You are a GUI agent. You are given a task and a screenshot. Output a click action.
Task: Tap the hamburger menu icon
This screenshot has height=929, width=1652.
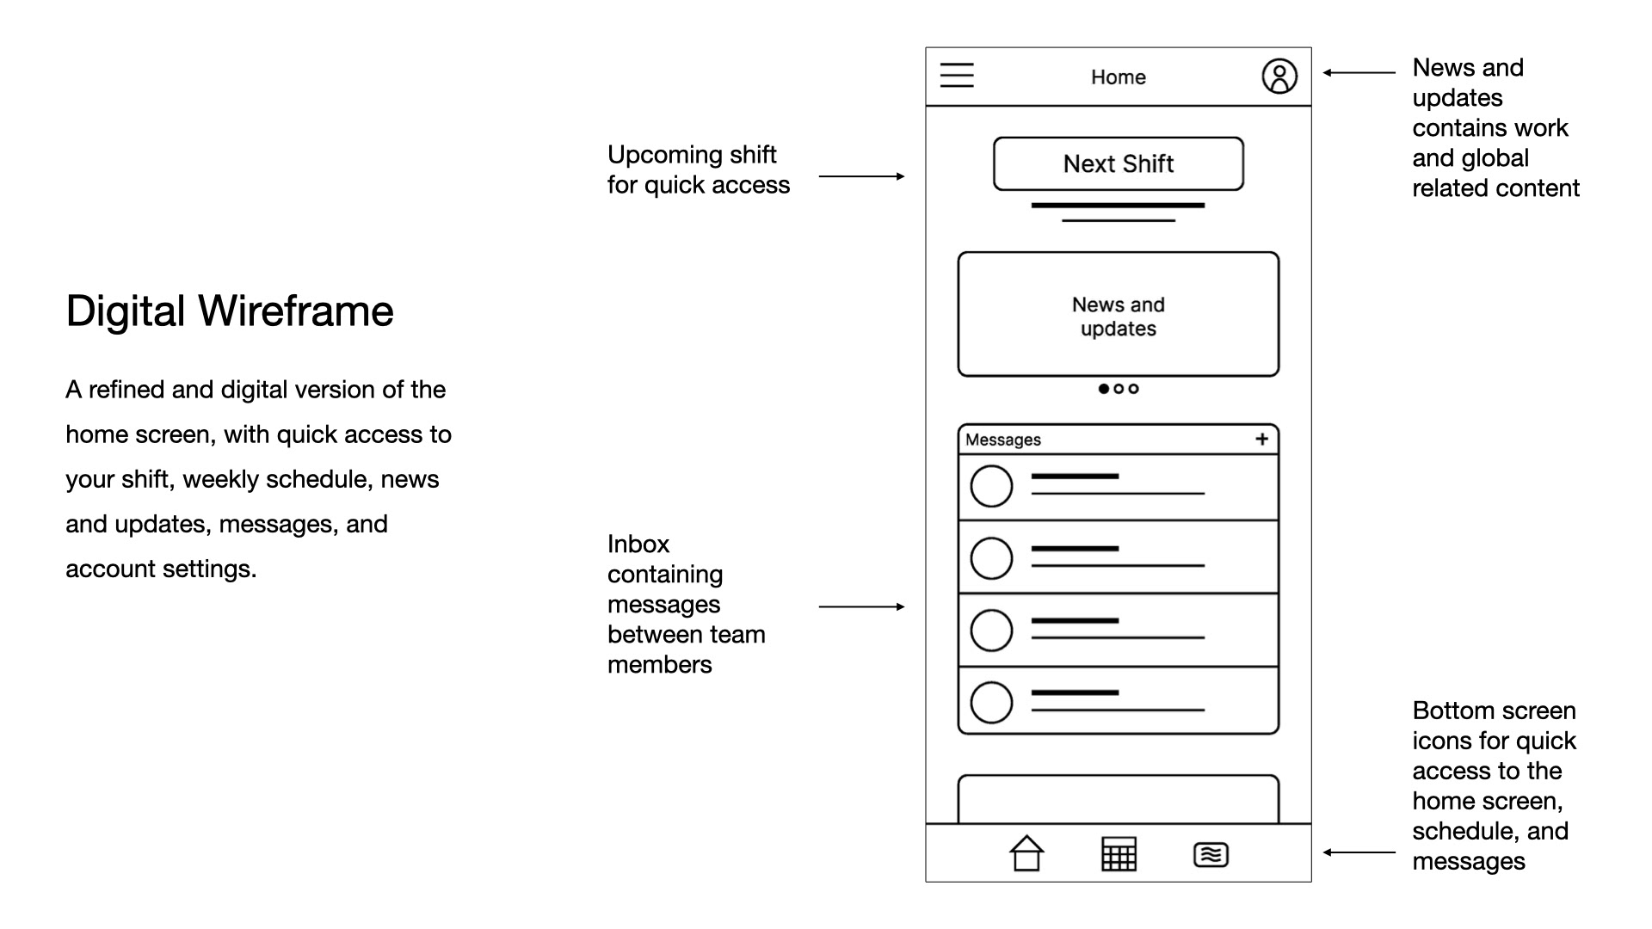(957, 76)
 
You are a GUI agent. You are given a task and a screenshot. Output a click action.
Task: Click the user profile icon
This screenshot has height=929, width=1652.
(1279, 76)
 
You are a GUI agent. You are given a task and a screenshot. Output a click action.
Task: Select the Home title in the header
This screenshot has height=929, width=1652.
(1118, 77)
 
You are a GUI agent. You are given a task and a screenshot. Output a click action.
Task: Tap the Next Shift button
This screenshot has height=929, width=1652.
(1118, 163)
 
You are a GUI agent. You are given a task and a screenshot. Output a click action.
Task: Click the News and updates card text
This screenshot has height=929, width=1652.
(1118, 317)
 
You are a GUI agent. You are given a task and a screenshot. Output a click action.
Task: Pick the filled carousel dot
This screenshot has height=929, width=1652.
(1104, 389)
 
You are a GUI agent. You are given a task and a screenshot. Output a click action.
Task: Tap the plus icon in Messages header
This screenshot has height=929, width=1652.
(1261, 440)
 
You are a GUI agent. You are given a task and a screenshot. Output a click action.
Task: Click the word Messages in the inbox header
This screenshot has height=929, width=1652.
(1003, 440)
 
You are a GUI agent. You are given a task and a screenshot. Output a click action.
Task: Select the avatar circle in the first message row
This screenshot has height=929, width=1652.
(991, 487)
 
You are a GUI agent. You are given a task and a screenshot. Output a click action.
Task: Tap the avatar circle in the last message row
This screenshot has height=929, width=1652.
(991, 703)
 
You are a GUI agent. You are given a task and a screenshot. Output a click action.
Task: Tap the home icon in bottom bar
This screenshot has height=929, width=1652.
(1026, 854)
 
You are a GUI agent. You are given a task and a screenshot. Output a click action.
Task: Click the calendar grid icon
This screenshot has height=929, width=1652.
(1119, 854)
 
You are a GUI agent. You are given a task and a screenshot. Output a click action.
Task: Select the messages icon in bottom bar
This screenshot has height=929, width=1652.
(1211, 855)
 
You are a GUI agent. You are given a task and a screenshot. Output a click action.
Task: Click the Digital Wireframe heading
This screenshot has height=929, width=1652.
(230, 311)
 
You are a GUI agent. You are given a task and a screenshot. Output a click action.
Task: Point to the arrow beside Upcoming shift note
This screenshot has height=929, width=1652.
(861, 176)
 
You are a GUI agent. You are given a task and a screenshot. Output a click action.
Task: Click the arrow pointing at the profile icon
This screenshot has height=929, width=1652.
(1359, 73)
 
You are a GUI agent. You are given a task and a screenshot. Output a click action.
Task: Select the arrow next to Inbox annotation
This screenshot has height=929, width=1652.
(861, 607)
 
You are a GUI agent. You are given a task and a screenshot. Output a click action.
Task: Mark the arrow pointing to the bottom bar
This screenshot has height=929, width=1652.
(1359, 852)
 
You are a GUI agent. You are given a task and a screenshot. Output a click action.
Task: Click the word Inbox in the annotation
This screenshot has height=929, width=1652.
(638, 544)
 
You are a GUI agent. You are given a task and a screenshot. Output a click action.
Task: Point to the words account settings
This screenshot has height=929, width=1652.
(160, 569)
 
